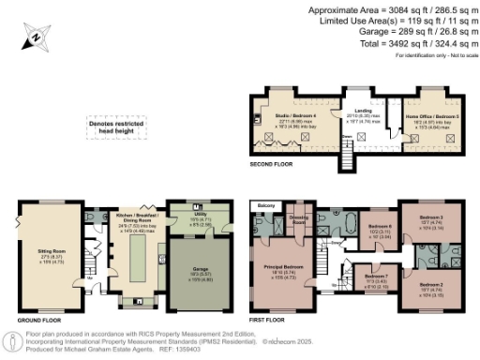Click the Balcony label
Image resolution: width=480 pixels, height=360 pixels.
(x=265, y=204)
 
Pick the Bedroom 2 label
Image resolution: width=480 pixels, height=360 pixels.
(x=430, y=285)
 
